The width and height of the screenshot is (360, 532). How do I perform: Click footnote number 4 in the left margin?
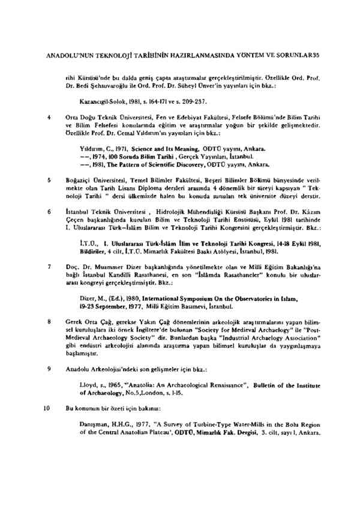(x=47, y=118)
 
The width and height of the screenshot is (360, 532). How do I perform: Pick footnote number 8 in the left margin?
(x=47, y=322)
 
